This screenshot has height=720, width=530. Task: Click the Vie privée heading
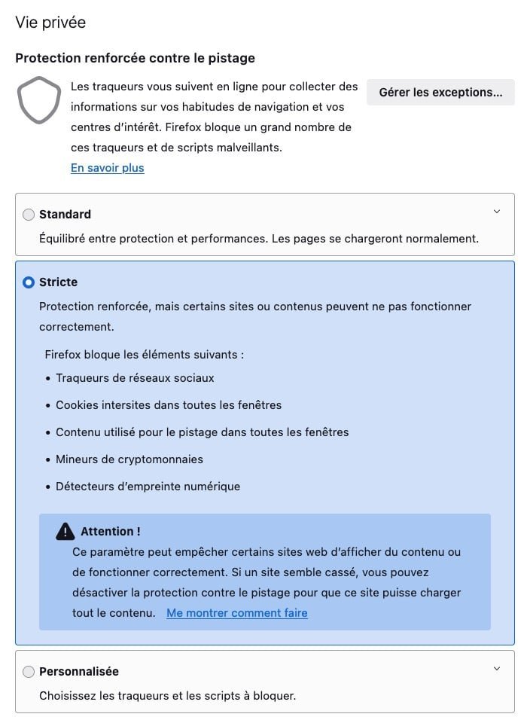(50, 23)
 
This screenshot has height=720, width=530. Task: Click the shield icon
(39, 99)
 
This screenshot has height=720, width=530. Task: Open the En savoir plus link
(107, 168)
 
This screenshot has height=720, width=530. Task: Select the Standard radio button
(29, 215)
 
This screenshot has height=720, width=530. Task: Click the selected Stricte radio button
(29, 282)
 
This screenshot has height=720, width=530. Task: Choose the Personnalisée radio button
(29, 672)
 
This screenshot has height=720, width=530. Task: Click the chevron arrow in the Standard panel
(496, 212)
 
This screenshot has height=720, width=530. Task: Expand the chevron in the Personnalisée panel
(496, 669)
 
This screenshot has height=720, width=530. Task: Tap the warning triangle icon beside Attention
(65, 531)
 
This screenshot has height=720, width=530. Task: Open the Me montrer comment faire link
(236, 613)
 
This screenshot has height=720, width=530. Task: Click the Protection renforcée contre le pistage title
(135, 58)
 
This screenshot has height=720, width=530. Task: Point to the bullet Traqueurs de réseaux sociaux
(135, 378)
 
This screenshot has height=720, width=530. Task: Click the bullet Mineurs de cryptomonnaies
(129, 459)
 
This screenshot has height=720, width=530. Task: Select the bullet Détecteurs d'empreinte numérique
(148, 487)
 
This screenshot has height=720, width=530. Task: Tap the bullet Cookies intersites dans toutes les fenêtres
(168, 405)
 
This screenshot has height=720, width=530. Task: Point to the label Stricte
(58, 282)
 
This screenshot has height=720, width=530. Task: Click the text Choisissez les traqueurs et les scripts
(167, 696)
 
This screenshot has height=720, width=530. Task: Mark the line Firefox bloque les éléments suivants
(144, 354)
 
